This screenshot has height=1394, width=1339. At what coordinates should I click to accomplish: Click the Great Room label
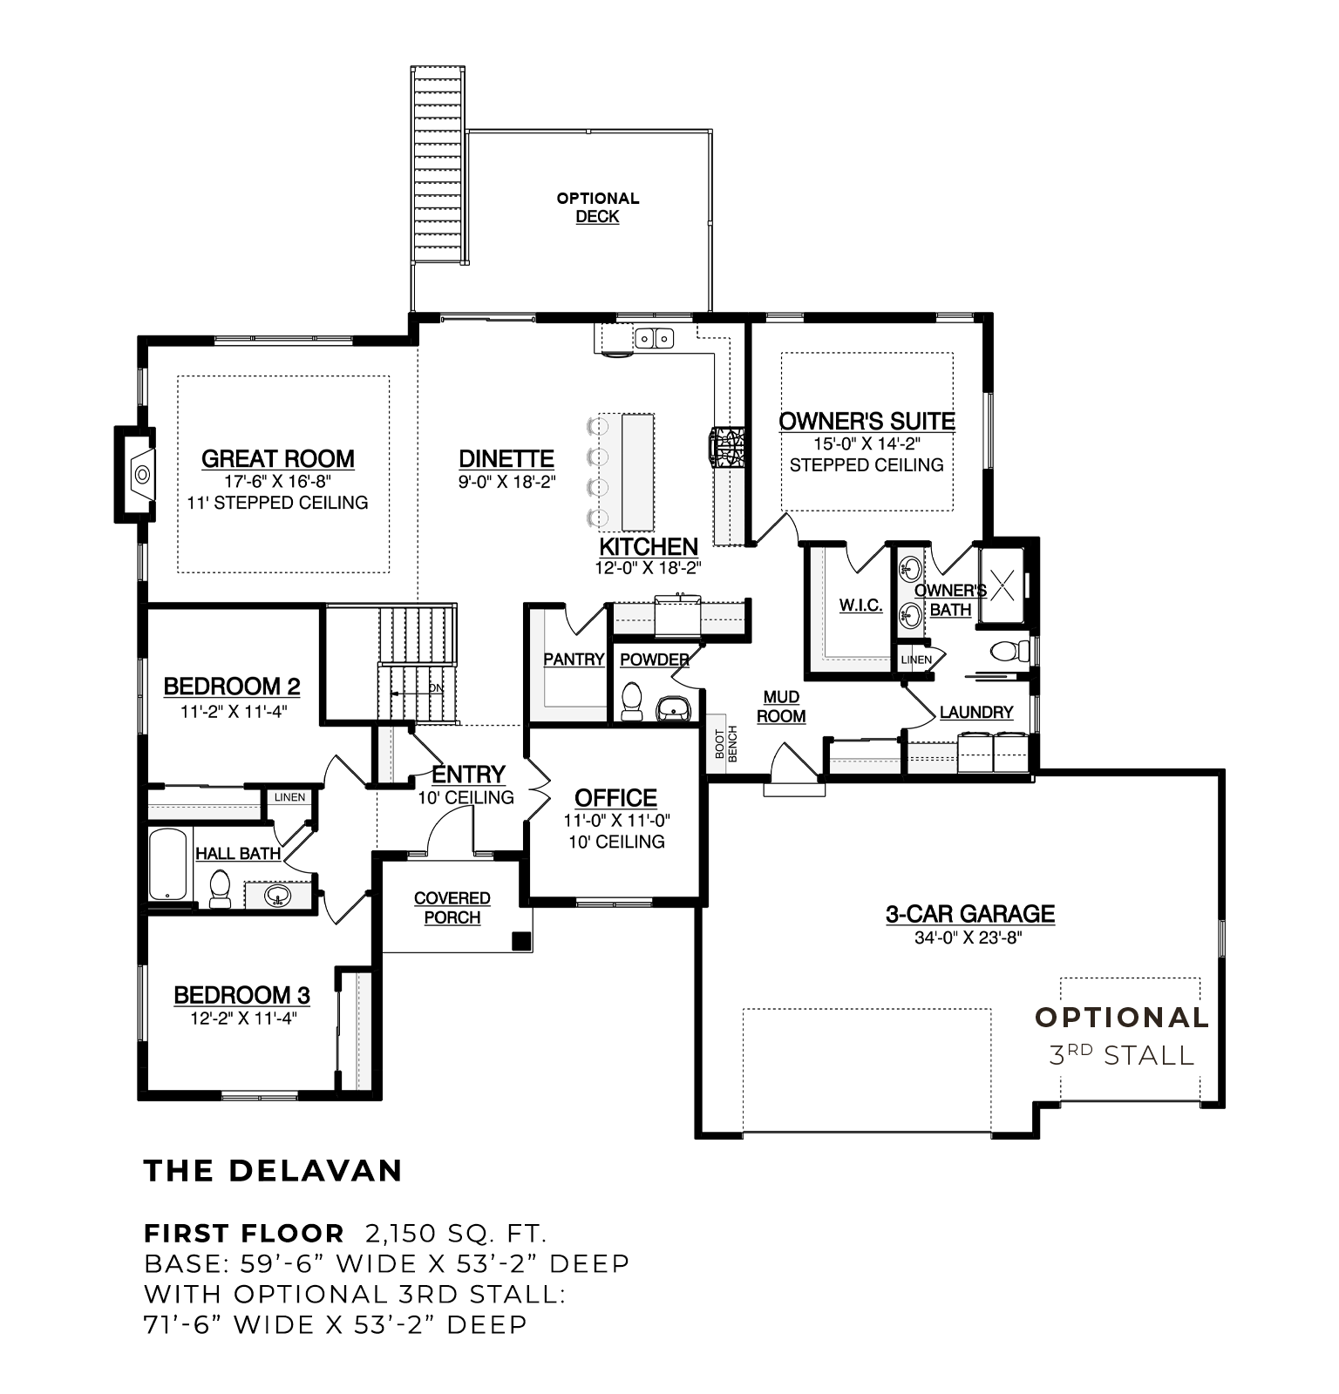click(277, 459)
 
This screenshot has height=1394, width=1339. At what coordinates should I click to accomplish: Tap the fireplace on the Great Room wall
click(136, 475)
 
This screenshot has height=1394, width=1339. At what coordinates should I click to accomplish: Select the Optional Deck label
click(598, 207)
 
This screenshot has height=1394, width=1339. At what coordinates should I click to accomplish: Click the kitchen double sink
click(653, 336)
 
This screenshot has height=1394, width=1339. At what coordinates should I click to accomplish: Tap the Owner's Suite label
click(867, 422)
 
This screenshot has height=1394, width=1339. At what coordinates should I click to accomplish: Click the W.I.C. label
click(860, 606)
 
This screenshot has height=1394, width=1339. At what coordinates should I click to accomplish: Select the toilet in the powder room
click(631, 700)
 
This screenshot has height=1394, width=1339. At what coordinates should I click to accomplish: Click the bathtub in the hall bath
click(168, 864)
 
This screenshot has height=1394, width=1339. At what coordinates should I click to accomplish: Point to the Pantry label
click(574, 660)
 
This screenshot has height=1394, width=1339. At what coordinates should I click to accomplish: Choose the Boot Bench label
click(726, 743)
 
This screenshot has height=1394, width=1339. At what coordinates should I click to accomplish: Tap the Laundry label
click(976, 713)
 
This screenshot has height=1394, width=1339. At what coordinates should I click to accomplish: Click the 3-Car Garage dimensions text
click(969, 937)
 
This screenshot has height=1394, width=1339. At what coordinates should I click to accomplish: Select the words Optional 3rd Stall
click(1122, 1036)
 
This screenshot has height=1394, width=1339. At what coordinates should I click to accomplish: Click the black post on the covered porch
click(520, 941)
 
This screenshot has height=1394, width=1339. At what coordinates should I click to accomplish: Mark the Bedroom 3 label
click(241, 995)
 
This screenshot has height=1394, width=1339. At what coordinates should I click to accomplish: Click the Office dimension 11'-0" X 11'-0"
click(616, 821)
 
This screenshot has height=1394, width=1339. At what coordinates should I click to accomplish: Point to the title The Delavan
click(273, 1170)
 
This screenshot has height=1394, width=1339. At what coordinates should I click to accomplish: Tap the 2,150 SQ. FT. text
click(456, 1234)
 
